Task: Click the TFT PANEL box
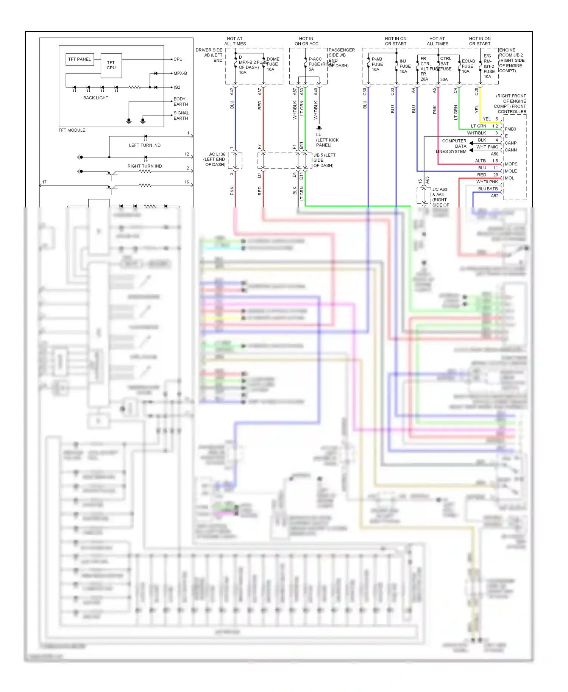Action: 80,59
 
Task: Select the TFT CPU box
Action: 111,65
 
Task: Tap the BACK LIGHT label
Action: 95,98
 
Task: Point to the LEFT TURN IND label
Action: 145,145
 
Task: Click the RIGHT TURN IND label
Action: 145,166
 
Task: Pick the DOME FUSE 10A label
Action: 272,64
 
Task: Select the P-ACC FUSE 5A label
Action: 315,64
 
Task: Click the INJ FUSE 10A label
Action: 405,66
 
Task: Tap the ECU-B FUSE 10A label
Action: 468,66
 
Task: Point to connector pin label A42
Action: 232,92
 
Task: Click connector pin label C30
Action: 365,92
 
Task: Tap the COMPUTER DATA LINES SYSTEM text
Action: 452,146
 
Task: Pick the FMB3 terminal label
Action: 510,129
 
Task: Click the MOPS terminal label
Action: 511,164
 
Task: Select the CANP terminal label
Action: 510,143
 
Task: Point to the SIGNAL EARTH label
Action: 181,115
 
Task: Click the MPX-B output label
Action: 180,73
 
